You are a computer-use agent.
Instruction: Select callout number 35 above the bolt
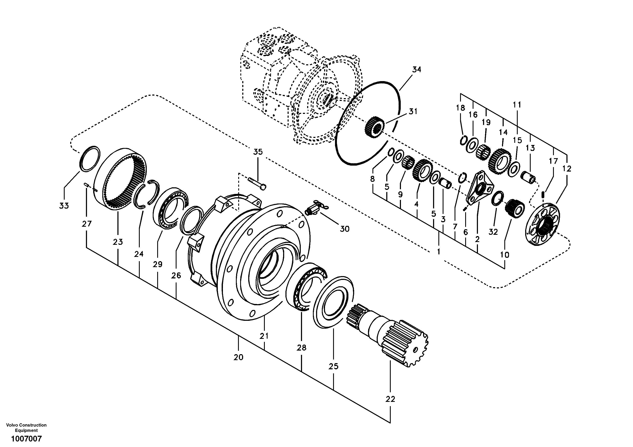[258, 152]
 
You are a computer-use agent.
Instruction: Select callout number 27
[86, 223]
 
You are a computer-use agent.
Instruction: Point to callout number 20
[238, 357]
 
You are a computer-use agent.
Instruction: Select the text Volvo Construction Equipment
[26, 428]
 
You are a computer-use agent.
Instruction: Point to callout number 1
[438, 252]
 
